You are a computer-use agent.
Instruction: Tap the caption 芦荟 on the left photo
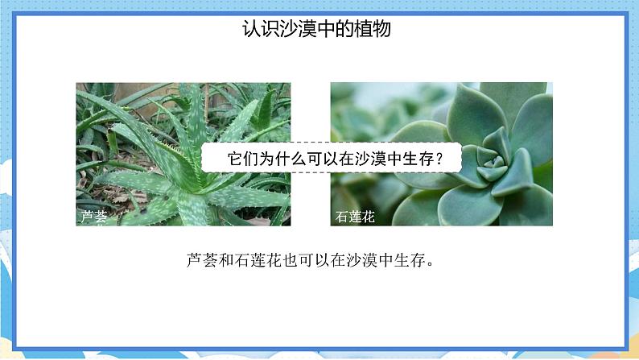pyautogui.click(x=93, y=217)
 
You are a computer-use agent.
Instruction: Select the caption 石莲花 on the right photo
pyautogui.click(x=354, y=217)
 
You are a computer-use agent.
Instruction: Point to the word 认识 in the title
pyautogui.click(x=262, y=31)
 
